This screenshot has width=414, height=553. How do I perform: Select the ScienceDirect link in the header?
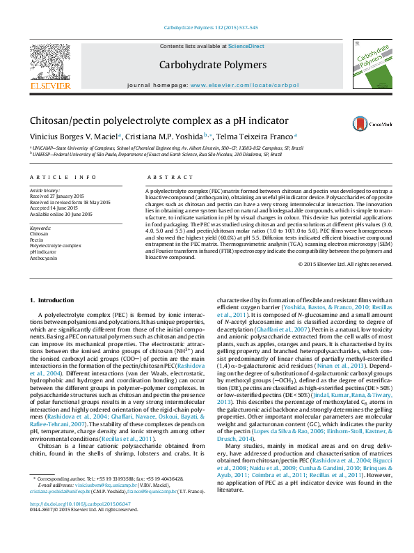[x=247, y=46]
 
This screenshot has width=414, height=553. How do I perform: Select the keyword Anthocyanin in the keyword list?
[x=44, y=257]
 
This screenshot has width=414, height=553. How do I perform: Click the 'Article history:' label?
[x=45, y=190]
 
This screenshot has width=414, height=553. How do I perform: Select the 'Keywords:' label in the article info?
[x=40, y=228]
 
